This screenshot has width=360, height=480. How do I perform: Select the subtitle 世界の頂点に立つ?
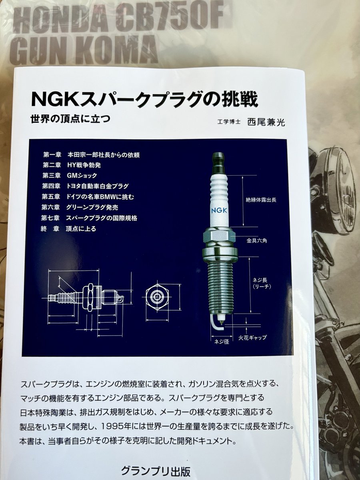point(70,119)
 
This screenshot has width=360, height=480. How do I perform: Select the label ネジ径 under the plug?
point(221,342)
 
